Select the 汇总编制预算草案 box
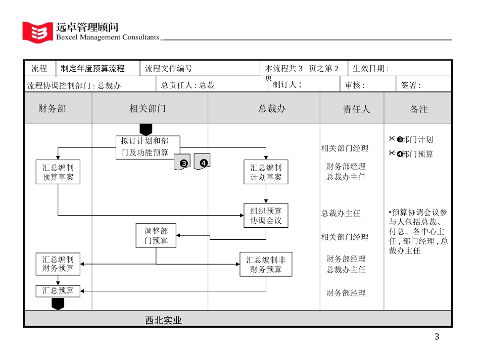point(58,172)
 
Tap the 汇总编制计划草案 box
point(266,172)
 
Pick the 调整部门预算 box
point(156,236)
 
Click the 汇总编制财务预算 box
point(58,264)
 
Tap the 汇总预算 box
point(58,291)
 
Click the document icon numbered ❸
point(182,162)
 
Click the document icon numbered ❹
point(202,161)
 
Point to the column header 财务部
point(52,109)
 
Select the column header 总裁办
point(272,109)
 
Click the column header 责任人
point(356,109)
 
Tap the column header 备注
point(418,109)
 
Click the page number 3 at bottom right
point(437,337)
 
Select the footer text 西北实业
point(163,320)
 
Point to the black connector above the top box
point(146,129)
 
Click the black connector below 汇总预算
point(58,303)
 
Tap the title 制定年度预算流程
point(92,69)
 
